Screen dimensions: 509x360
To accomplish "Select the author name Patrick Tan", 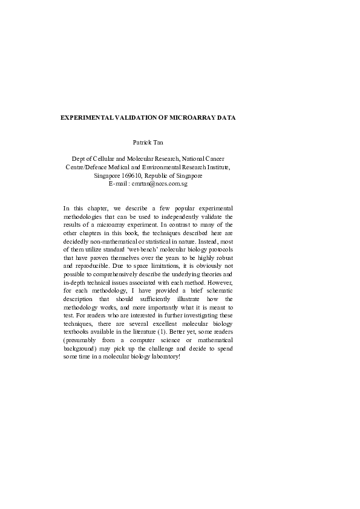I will tap(148, 143).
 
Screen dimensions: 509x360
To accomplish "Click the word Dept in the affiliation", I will tap(80, 158).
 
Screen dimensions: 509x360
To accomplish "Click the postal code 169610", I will tap(128, 175).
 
